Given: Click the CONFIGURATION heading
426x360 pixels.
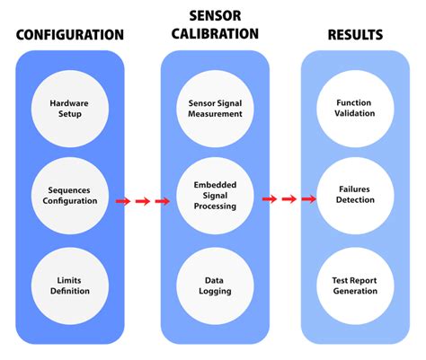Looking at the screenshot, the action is (70, 35).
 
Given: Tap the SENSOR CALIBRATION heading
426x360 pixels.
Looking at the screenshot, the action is (215, 25).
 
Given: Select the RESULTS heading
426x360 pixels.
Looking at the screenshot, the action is (355, 35).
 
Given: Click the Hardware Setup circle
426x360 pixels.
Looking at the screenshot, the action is (70, 109).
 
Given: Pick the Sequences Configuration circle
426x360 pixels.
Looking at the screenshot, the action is (70, 196).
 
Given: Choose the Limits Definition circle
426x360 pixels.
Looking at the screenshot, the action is (70, 285).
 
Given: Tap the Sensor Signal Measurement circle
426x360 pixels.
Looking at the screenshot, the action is (215, 109).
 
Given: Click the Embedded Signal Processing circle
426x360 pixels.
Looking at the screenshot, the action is (215, 196).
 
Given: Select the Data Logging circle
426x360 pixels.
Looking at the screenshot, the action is (215, 285).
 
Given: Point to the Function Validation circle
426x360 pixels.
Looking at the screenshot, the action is (355, 109).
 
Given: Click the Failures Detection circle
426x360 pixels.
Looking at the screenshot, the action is (355, 196).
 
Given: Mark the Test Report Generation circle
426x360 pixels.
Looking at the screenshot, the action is (355, 285).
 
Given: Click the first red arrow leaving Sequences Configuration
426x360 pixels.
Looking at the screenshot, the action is (123, 201).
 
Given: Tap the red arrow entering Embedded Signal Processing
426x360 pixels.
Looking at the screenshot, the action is (163, 201).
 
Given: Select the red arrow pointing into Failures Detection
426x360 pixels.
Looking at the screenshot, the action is (308, 199).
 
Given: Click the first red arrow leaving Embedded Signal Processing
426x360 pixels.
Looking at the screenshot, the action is (270, 199).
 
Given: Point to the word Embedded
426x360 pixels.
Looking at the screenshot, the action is (215, 185).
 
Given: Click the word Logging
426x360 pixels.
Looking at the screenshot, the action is (215, 291).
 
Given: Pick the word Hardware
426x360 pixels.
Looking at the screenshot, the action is (69, 103).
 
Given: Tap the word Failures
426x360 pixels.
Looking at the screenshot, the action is (354, 189).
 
